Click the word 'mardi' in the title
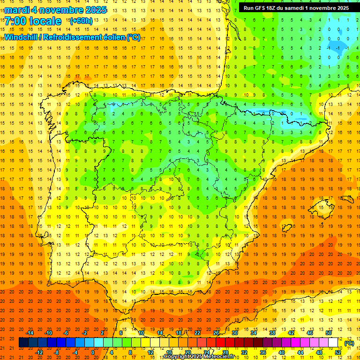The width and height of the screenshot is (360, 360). (16, 10)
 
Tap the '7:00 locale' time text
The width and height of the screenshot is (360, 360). (33, 21)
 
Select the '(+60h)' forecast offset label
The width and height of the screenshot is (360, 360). (81, 21)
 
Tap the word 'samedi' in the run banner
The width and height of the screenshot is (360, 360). (303, 8)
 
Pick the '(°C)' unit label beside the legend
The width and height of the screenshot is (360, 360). (349, 343)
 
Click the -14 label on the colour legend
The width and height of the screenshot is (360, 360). (30, 333)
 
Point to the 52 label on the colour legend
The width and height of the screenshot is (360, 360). (338, 352)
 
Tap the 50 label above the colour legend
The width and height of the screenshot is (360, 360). (329, 333)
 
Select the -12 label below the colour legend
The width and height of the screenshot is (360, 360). (39, 352)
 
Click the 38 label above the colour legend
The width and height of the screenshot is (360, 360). (272, 333)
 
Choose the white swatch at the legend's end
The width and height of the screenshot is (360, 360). (333, 343)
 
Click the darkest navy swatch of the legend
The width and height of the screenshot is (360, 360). (23, 343)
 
